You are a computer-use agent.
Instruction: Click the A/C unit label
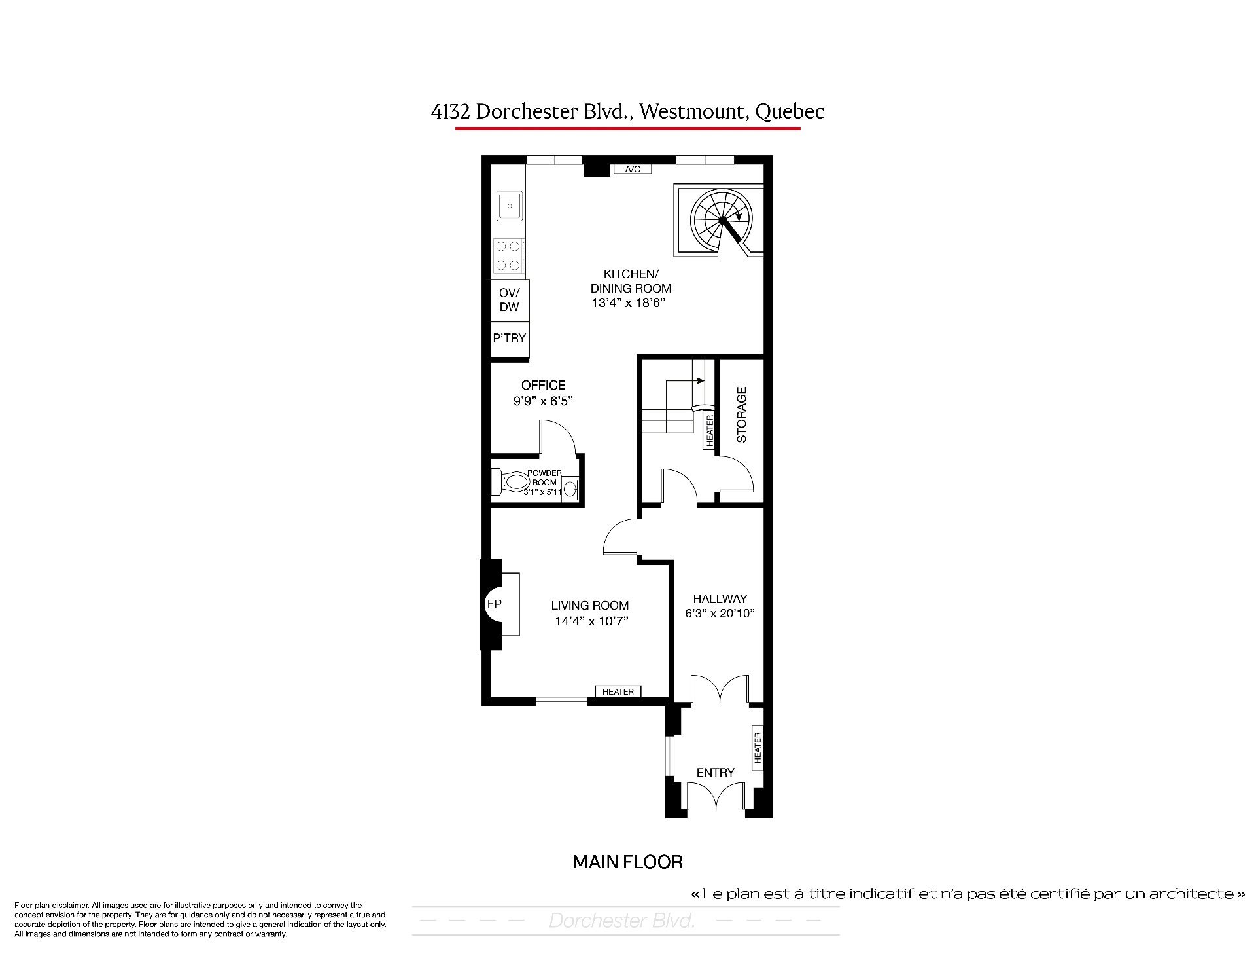point(633,169)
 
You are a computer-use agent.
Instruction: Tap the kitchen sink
point(509,206)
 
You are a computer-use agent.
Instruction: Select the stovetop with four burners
point(508,255)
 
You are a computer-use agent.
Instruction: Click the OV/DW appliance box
point(510,300)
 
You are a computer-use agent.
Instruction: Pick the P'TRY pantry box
point(510,339)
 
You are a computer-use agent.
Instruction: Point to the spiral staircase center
point(722,221)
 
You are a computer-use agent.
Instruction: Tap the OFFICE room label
point(543,385)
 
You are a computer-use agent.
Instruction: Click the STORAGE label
point(742,415)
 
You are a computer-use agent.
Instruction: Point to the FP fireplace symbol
point(494,604)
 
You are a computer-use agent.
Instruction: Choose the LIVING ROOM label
point(589,606)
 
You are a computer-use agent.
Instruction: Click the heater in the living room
point(618,691)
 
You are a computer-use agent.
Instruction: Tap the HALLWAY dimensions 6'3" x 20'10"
point(720,614)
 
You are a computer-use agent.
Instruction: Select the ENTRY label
point(716,773)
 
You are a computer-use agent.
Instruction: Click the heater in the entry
point(758,747)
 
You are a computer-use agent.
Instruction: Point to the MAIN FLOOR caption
point(627,862)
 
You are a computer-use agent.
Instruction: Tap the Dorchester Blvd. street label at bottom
point(621,921)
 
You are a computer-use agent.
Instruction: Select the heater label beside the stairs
point(710,431)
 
